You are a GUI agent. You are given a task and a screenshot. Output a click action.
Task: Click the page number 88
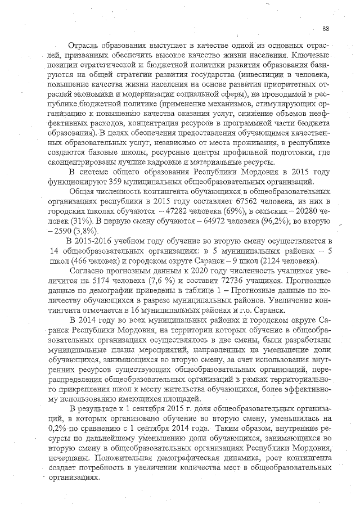click(x=326, y=29)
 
